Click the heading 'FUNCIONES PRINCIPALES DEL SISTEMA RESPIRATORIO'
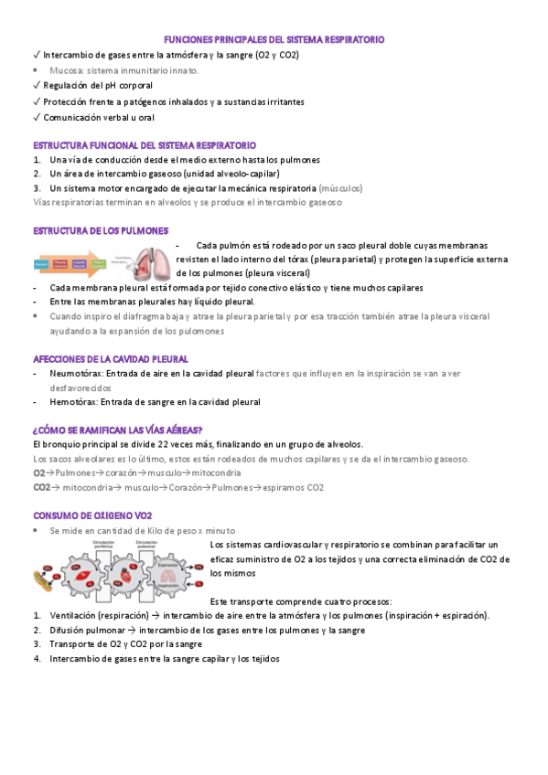click(274, 41)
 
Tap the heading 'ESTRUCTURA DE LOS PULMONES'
click(101, 230)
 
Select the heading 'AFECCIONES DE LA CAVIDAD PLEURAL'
click(110, 359)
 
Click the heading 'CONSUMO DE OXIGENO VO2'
click(92, 516)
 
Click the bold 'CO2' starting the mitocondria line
click(41, 488)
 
